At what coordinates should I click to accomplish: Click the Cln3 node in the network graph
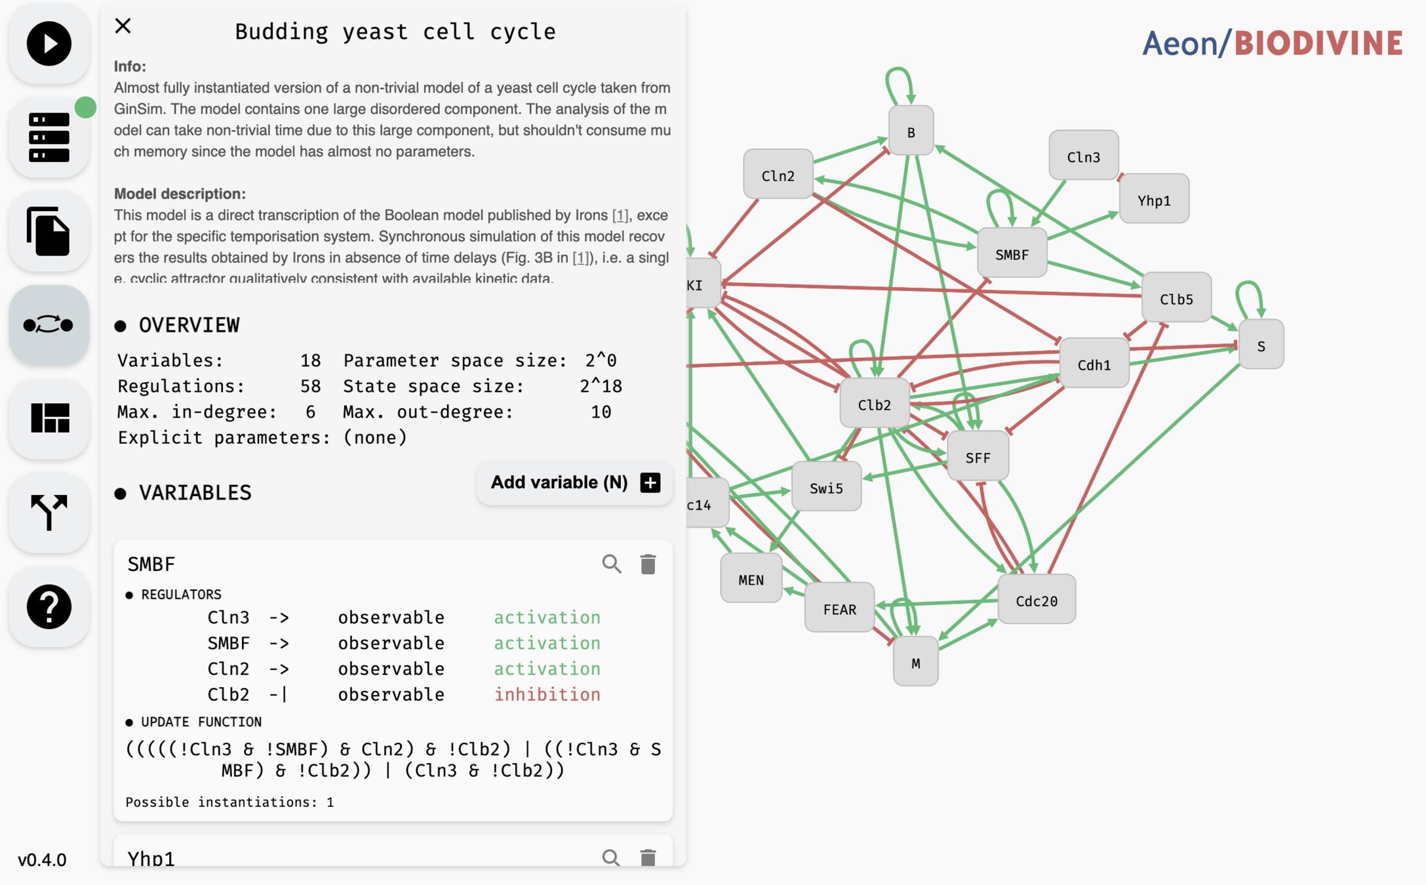(1083, 156)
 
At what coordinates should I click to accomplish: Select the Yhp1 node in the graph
(1154, 199)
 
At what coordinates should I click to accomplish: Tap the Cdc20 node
(1036, 600)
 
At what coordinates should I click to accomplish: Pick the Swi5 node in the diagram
(826, 487)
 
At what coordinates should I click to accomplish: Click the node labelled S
(1261, 345)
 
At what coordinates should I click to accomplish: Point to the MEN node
(751, 579)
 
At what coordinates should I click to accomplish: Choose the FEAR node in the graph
(839, 608)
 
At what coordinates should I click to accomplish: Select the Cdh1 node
(1094, 364)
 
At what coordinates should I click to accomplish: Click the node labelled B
(911, 132)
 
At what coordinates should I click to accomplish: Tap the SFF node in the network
(978, 457)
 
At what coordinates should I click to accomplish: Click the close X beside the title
(123, 26)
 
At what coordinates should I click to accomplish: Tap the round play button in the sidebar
(49, 44)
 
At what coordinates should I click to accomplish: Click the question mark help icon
(49, 606)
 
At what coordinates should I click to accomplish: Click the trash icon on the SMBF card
(648, 564)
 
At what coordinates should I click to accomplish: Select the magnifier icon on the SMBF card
(611, 564)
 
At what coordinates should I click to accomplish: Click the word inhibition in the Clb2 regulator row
(547, 694)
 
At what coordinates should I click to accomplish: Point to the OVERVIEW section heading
(189, 325)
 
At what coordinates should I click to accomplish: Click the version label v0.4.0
(42, 859)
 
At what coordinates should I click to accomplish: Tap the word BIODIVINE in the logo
(1318, 43)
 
